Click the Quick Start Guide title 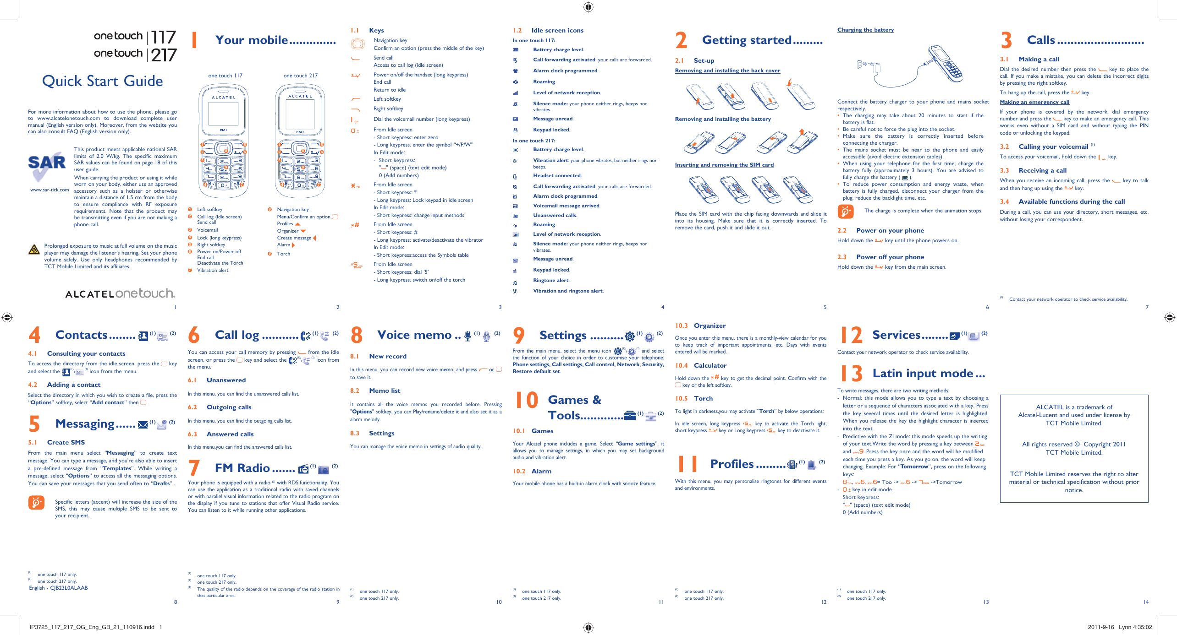(x=102, y=81)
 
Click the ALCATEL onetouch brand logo (x=120, y=293)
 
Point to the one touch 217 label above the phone (x=300, y=76)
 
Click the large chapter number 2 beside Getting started (x=681, y=40)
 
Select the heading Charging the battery (x=865, y=30)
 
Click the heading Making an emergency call (x=1034, y=102)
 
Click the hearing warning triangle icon (x=34, y=250)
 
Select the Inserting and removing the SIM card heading (x=724, y=165)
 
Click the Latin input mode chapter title (x=928, y=373)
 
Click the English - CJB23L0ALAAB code (x=58, y=588)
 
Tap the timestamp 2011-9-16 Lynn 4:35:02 (x=1119, y=627)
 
